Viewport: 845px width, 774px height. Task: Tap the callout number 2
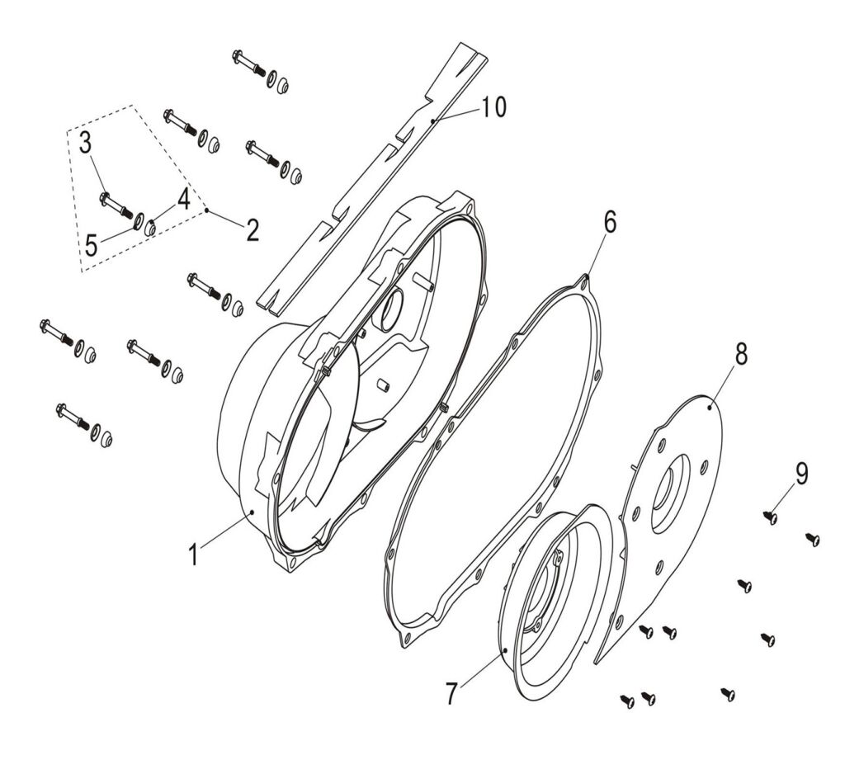pyautogui.click(x=253, y=230)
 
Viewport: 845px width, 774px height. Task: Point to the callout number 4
pyautogui.click(x=184, y=199)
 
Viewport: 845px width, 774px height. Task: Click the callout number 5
pyautogui.click(x=91, y=246)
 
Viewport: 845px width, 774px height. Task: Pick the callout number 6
pyautogui.click(x=610, y=222)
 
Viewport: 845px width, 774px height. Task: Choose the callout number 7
pyautogui.click(x=451, y=693)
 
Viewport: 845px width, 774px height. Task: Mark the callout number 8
pyautogui.click(x=741, y=354)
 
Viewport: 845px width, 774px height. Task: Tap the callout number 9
pyautogui.click(x=802, y=474)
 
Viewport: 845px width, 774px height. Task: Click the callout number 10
pyautogui.click(x=493, y=106)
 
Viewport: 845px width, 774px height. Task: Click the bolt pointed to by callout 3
pyautogui.click(x=116, y=205)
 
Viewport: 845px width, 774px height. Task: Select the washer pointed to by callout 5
pyautogui.click(x=138, y=220)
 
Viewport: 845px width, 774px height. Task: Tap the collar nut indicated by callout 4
pyautogui.click(x=150, y=228)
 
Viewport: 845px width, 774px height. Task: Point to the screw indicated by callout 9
pyautogui.click(x=771, y=517)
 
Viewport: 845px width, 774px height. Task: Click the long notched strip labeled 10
pyautogui.click(x=372, y=178)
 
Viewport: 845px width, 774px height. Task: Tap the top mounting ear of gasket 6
pyautogui.click(x=585, y=282)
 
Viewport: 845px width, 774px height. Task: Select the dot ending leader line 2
pyautogui.click(x=206, y=210)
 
